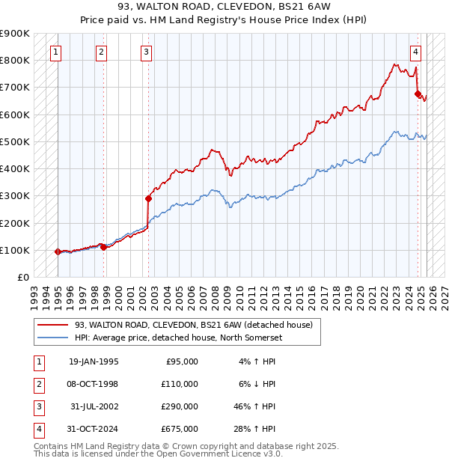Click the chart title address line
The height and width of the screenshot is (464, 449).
(224, 9)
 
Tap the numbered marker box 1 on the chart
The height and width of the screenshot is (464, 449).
(57, 52)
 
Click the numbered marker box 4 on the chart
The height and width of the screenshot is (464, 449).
(415, 52)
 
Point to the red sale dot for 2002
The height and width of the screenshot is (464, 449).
(148, 198)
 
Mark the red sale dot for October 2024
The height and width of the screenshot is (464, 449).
(418, 94)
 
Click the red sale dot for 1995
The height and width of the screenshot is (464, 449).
(58, 251)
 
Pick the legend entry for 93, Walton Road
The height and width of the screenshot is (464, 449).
(198, 324)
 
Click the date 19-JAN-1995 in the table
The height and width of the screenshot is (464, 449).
(94, 361)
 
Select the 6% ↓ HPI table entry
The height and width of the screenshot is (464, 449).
(259, 384)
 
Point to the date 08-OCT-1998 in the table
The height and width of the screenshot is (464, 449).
(94, 384)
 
